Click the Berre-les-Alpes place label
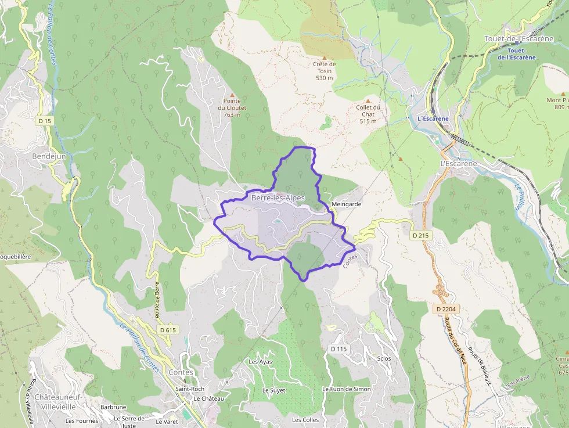click(x=278, y=198)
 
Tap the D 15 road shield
click(x=44, y=121)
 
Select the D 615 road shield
click(x=167, y=330)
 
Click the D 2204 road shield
click(x=446, y=310)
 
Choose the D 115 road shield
click(x=338, y=349)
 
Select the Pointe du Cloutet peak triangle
click(x=232, y=95)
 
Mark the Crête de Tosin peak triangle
click(x=325, y=56)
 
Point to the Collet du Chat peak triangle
click(x=368, y=100)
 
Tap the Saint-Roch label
click(x=190, y=389)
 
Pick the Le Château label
click(x=209, y=399)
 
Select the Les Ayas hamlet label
click(x=260, y=362)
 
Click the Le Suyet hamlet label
click(x=274, y=390)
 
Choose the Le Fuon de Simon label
click(x=346, y=389)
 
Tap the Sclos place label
click(x=384, y=358)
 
